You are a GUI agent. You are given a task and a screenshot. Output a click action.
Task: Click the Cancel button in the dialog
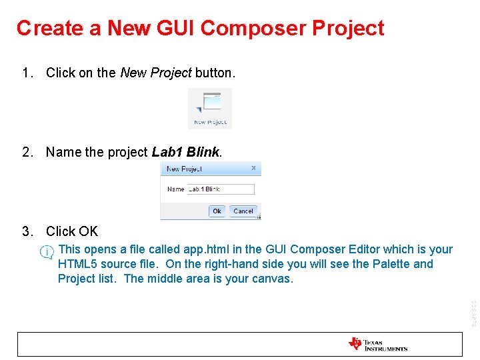click(x=243, y=211)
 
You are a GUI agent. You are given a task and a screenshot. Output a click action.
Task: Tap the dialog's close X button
click(x=253, y=169)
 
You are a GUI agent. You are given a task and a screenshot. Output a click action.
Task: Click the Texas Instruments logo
click(x=377, y=344)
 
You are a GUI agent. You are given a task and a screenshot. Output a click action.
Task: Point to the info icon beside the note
click(x=47, y=252)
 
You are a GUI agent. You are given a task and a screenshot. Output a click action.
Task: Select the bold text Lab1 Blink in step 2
click(x=185, y=152)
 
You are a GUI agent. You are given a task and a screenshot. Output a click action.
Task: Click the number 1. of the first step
click(x=27, y=73)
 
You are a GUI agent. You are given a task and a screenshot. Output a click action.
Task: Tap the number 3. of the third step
click(x=27, y=231)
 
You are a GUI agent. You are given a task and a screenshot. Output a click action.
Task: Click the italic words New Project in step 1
click(x=156, y=73)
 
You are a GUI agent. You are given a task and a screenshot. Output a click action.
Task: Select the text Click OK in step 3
click(x=72, y=231)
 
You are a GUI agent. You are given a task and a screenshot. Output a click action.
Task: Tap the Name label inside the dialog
click(x=176, y=189)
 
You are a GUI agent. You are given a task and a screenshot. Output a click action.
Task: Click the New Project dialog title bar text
click(x=184, y=169)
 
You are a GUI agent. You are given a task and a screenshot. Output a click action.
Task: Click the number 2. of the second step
click(x=27, y=152)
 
